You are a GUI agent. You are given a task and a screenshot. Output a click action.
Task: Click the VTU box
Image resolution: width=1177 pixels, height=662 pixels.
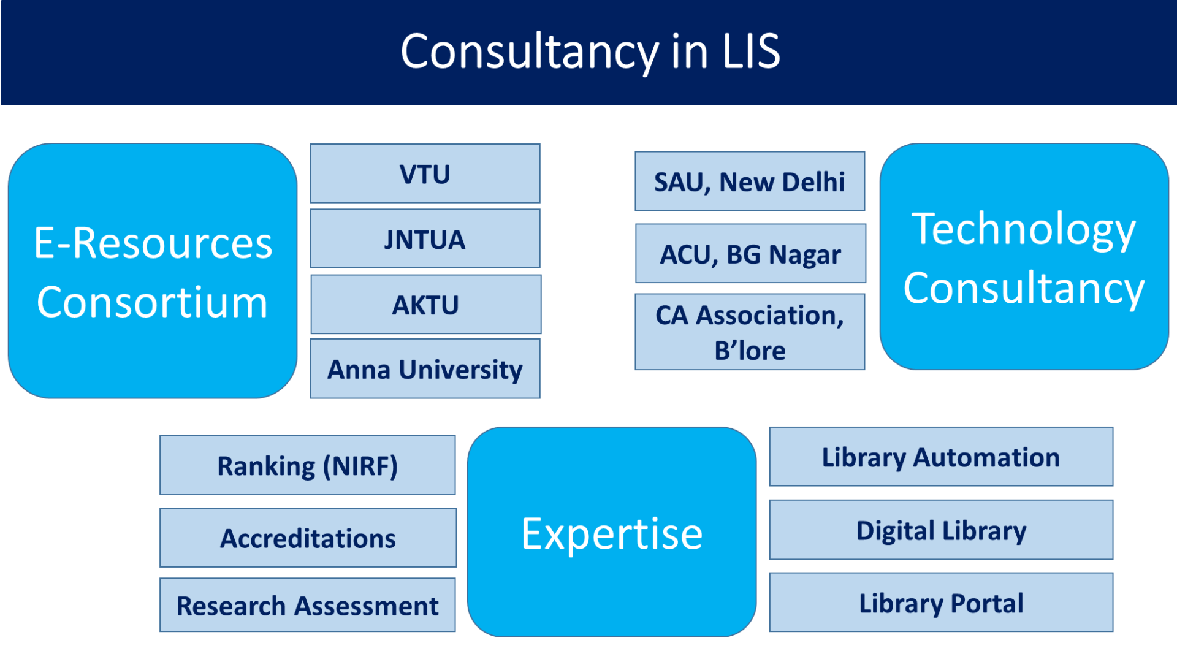pos(425,173)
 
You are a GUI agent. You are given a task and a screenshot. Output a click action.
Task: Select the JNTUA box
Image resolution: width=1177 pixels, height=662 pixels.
pos(425,238)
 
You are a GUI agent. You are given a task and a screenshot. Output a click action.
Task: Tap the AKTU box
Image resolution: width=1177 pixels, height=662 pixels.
pos(425,304)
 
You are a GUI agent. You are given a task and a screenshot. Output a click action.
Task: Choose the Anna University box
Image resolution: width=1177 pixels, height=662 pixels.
pos(425,368)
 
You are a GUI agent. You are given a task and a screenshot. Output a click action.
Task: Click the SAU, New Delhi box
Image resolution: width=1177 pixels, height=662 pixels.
pos(750,181)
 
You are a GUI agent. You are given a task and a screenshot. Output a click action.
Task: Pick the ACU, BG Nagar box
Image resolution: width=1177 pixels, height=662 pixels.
pos(750,253)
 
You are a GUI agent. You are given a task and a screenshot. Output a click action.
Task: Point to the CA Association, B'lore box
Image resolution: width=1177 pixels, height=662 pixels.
pos(750,332)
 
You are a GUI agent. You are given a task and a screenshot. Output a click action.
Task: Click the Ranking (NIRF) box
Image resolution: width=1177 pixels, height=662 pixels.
pos(308,465)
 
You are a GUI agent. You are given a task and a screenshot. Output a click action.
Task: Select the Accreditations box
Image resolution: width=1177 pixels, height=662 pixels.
pos(308,538)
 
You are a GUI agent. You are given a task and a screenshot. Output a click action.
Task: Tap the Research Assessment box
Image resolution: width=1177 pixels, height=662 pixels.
pos(308,604)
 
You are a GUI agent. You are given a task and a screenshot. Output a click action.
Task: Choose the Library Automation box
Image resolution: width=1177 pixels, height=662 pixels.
pos(941,457)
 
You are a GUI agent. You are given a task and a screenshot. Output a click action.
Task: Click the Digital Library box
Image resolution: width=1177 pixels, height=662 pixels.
pos(941,530)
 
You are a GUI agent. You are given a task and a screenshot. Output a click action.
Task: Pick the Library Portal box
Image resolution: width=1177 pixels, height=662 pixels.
pos(941,602)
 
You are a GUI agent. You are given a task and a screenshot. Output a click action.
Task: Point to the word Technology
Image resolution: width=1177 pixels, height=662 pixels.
pos(1024,230)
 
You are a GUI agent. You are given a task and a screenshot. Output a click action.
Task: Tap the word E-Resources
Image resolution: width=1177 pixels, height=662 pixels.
pos(153,243)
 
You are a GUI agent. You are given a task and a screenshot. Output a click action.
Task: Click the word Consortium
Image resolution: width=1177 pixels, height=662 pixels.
pos(152,302)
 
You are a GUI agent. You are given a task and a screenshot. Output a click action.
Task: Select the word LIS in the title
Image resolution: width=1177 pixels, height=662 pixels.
pos(751,51)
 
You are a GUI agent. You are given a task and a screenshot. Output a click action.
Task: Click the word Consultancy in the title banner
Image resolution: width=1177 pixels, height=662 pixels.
pos(530,53)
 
